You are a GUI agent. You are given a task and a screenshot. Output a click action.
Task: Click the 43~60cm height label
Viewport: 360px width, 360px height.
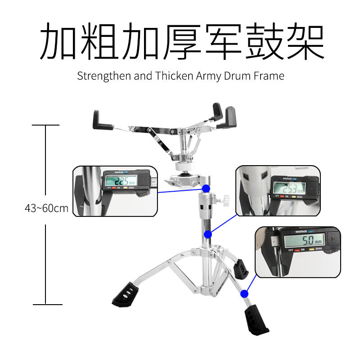click(46, 208)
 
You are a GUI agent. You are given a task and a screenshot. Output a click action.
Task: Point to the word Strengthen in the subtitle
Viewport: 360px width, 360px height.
click(104, 76)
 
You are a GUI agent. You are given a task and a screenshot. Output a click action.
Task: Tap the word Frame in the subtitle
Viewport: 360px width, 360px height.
click(269, 76)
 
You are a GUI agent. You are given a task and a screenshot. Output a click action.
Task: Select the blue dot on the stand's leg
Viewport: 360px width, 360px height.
click(244, 294)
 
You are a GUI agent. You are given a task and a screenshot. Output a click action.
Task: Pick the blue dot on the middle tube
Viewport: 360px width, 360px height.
click(208, 234)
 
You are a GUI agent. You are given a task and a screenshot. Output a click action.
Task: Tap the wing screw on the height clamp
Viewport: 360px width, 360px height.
click(224, 199)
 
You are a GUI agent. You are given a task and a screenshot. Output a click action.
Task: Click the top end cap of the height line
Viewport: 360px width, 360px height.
click(46, 125)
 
